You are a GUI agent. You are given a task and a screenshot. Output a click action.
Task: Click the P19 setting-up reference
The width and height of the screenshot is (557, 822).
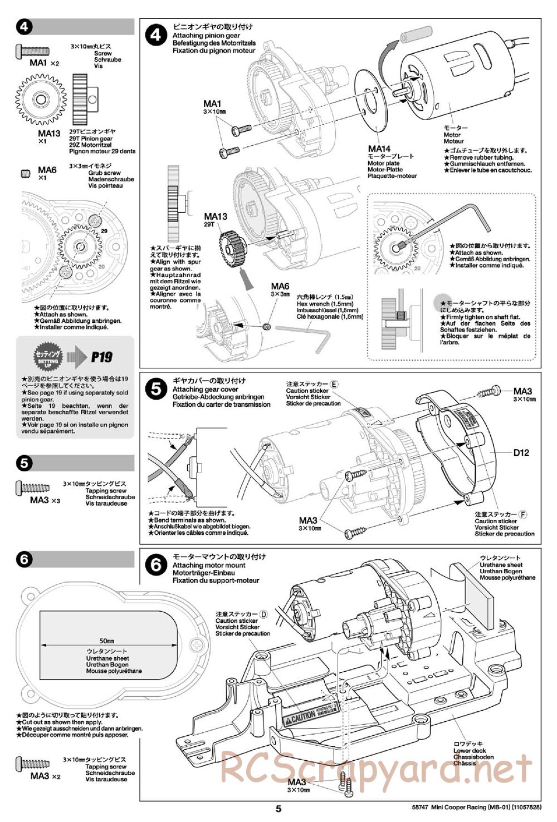click(x=102, y=357)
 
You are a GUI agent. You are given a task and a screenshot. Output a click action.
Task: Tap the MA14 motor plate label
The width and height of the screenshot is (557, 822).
click(x=379, y=149)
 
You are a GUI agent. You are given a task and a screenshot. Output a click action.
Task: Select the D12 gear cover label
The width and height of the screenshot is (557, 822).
click(x=521, y=452)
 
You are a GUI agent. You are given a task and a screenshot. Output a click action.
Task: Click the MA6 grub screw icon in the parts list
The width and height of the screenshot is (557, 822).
click(x=25, y=174)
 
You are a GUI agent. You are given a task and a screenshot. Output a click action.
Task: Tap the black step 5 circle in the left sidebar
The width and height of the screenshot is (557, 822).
click(x=25, y=463)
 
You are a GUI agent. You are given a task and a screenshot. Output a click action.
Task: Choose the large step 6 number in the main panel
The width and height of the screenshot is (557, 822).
click(x=156, y=565)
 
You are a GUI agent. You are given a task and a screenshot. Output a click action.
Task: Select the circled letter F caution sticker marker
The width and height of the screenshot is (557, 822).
click(x=523, y=514)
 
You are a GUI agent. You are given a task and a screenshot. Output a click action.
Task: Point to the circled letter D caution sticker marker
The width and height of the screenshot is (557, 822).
click(x=264, y=614)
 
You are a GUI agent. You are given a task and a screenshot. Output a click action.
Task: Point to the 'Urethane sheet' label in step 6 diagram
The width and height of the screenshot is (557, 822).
click(x=501, y=565)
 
